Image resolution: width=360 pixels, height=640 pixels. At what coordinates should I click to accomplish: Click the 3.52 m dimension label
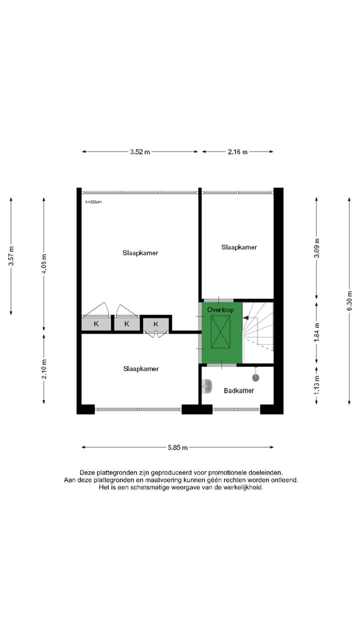click(140, 152)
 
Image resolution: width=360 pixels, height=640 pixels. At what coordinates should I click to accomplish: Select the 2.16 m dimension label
click(237, 152)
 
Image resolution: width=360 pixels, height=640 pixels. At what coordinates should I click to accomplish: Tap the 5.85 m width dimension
click(177, 447)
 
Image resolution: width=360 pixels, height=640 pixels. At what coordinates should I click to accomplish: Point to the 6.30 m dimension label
click(349, 300)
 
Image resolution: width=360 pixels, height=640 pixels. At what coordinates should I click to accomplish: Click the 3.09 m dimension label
click(316, 250)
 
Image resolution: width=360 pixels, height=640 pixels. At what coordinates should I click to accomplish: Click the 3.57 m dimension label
click(11, 255)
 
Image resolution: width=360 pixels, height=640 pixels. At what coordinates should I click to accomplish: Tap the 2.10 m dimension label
click(44, 369)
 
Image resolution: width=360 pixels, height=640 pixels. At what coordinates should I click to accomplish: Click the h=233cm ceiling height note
click(93, 202)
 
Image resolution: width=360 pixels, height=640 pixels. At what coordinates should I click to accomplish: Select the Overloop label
click(220, 310)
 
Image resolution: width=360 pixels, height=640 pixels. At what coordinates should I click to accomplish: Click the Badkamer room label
click(238, 390)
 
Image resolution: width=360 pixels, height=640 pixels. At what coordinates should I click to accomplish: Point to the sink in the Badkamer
click(206, 386)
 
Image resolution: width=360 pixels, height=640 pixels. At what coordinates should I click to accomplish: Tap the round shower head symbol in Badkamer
click(256, 377)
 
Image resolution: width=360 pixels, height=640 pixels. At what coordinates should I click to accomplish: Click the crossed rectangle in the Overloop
click(220, 332)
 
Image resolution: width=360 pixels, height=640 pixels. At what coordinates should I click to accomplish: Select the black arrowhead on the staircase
click(245, 317)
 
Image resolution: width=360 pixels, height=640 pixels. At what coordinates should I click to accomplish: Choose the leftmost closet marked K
click(96, 324)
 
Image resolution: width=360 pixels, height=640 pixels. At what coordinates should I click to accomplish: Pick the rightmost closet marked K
click(156, 324)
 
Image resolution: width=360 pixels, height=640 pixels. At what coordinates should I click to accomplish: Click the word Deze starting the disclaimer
click(87, 472)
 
